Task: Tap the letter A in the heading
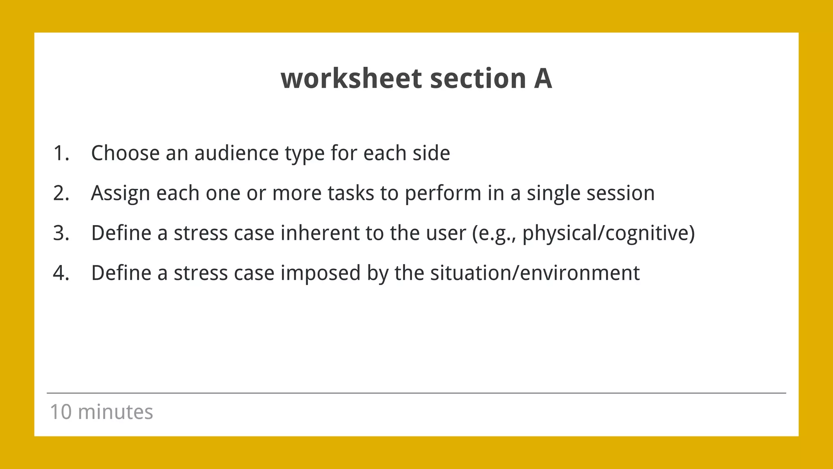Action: click(x=543, y=79)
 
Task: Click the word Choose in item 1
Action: click(x=125, y=153)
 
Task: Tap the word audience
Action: click(x=236, y=153)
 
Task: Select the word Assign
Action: click(x=120, y=193)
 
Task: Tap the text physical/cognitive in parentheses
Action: click(x=606, y=233)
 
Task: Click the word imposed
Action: click(x=321, y=273)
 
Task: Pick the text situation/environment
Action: click(x=535, y=273)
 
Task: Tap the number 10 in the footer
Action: click(x=61, y=412)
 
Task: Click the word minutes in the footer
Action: click(x=116, y=412)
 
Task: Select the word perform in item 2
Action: click(x=443, y=193)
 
